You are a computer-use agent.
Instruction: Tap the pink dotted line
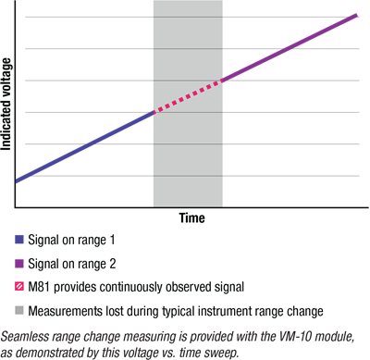tap(188, 97)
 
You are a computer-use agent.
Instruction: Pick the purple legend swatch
tap(13, 263)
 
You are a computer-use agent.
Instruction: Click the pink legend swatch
tap(13, 287)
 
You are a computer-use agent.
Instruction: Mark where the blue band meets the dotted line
tap(153, 114)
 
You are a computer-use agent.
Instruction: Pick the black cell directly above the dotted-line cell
tap(188, 64)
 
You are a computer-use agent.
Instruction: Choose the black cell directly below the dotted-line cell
tap(188, 128)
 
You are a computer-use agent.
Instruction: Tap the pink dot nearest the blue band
tap(157, 111)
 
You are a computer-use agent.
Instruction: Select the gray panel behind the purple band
tap(296, 130)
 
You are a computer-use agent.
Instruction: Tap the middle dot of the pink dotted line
tap(189, 96)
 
